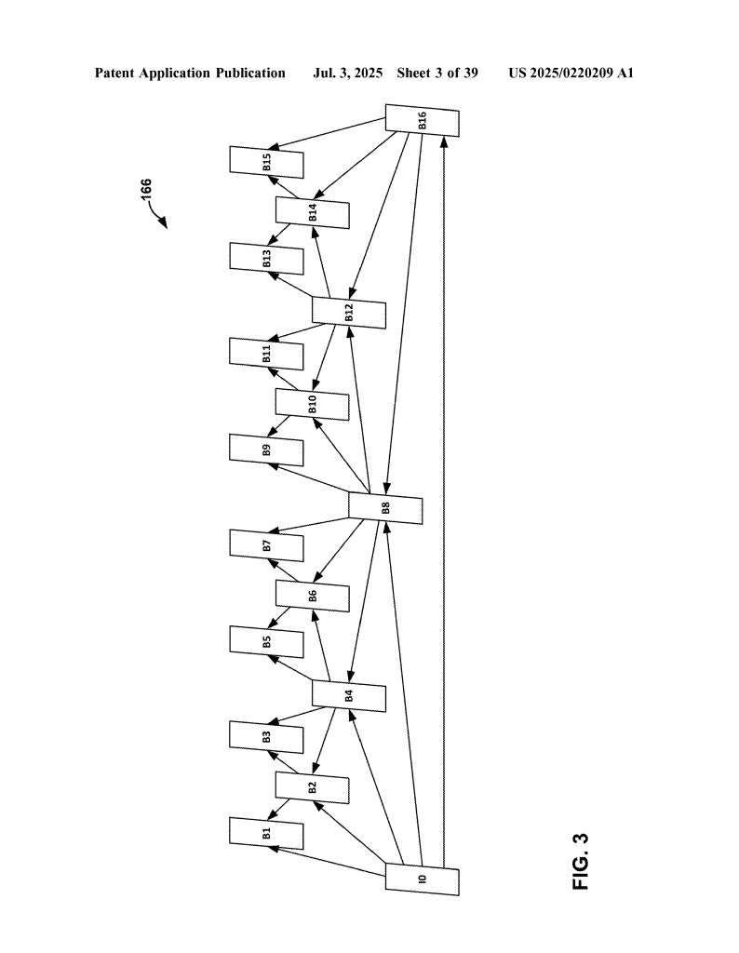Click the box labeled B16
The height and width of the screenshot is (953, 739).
[x=423, y=121]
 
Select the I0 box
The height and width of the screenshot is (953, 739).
[x=423, y=879]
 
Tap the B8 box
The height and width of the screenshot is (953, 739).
[x=385, y=507]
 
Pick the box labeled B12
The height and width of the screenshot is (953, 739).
[x=349, y=312]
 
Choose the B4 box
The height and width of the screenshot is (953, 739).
[x=349, y=695]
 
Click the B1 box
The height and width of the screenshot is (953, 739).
[x=266, y=832]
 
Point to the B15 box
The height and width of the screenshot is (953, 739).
[x=266, y=162]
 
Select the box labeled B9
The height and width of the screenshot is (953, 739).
[x=266, y=450]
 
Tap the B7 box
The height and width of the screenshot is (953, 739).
[x=266, y=545]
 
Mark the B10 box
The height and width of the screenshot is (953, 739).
[x=313, y=404]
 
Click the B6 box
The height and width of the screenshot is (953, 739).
[x=313, y=596]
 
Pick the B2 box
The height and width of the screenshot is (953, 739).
[x=313, y=787]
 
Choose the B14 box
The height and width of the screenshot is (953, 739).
[x=313, y=212]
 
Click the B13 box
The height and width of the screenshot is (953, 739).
[x=266, y=258]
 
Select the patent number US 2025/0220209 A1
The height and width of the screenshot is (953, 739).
[x=571, y=73]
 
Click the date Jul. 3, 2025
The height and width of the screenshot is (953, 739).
[x=347, y=73]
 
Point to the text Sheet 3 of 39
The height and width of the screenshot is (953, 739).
[x=437, y=73]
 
